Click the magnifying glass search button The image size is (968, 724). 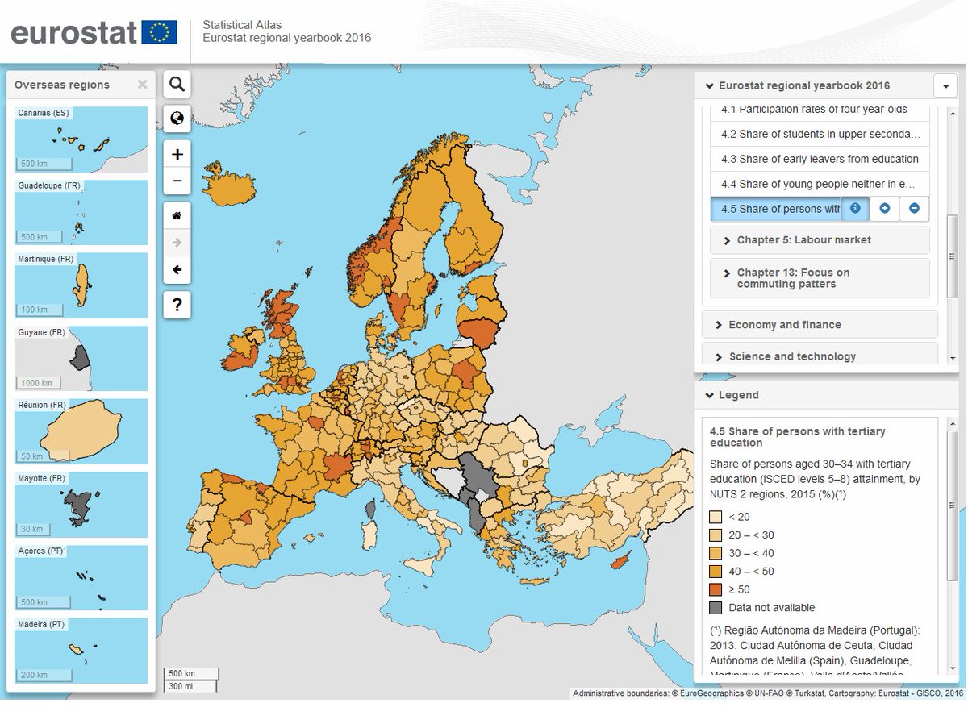(177, 84)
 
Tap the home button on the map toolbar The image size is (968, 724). (177, 215)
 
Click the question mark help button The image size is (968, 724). (177, 305)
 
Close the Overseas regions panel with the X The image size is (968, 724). (142, 85)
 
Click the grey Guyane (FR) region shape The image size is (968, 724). (81, 356)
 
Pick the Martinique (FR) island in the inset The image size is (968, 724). (81, 284)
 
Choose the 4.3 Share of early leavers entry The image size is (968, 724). (819, 159)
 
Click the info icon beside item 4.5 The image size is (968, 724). (855, 208)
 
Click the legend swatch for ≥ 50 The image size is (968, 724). (716, 589)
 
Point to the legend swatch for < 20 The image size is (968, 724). (716, 517)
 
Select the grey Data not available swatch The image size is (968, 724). (716, 608)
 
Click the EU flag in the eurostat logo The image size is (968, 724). (159, 32)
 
